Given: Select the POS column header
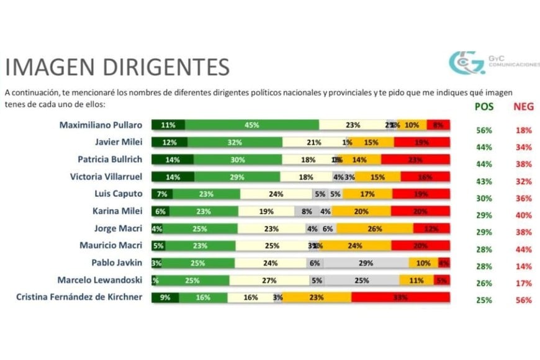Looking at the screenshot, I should (x=484, y=107).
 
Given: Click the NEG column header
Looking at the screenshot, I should (x=523, y=107).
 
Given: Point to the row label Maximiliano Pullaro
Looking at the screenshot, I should (x=101, y=125).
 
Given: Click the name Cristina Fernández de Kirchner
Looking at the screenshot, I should (x=79, y=297).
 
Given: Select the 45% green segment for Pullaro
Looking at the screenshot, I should (x=251, y=125).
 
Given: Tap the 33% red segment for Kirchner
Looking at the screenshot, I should (x=400, y=297).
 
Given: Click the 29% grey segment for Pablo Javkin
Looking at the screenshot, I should (x=365, y=263).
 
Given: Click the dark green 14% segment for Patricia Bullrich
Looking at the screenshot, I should (x=173, y=160).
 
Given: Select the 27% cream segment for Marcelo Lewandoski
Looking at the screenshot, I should (x=269, y=280).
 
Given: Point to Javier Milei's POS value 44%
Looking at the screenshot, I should (x=484, y=147).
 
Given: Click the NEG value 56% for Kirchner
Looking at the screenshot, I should (x=523, y=300).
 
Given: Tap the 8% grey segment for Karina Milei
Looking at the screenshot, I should (x=307, y=211).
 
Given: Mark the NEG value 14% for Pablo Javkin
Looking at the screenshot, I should (x=523, y=266).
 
